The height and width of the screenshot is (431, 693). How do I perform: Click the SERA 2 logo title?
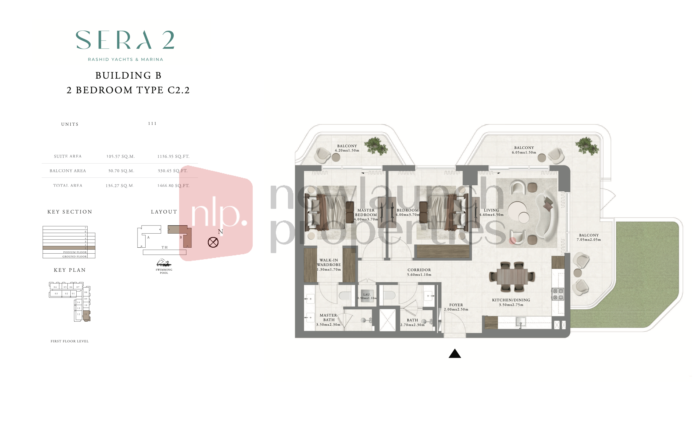pyautogui.click(x=125, y=40)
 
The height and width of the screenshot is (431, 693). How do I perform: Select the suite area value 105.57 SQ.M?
pyautogui.click(x=121, y=156)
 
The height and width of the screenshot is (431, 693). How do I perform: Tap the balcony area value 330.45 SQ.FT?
pyautogui.click(x=172, y=171)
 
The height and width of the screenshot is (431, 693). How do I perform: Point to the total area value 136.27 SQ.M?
pyautogui.click(x=119, y=186)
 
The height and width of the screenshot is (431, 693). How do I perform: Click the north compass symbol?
pyautogui.click(x=213, y=242)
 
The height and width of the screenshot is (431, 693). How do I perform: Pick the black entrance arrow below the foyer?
pyautogui.click(x=455, y=354)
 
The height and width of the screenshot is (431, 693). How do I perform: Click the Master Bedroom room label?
pyautogui.click(x=366, y=213)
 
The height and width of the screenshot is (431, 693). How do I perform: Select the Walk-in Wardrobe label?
pyautogui.click(x=329, y=263)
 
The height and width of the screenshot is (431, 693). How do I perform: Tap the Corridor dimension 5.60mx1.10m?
pyautogui.click(x=419, y=275)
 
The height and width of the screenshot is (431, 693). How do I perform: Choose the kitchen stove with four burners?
pyautogui.click(x=558, y=294)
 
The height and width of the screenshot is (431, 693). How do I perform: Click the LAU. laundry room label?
pyautogui.click(x=367, y=295)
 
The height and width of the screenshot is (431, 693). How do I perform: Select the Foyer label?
pyautogui.click(x=456, y=305)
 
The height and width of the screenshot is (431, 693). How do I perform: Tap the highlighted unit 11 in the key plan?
pyautogui.click(x=86, y=315)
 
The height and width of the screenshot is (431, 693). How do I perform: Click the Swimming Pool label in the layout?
pyautogui.click(x=164, y=271)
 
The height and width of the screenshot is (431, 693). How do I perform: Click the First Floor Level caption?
pyautogui.click(x=70, y=341)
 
